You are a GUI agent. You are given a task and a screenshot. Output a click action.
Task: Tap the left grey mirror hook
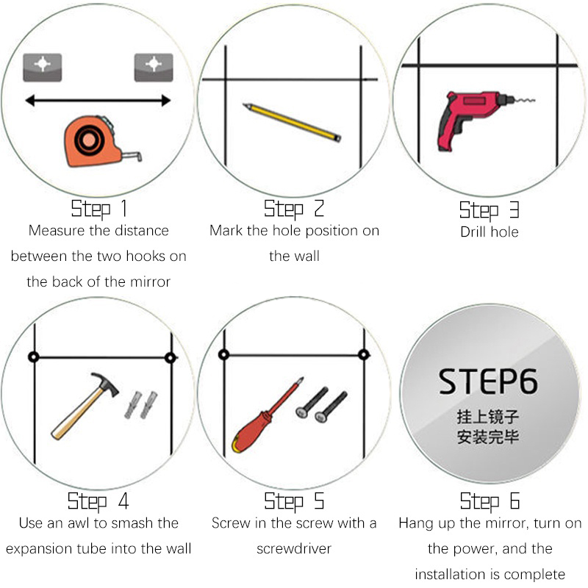coord(43,68)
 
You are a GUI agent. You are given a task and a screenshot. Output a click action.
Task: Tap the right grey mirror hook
coord(154,68)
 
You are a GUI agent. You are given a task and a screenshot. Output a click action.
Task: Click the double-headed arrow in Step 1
coord(98,101)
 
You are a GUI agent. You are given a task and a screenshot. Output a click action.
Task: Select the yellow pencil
coord(292,122)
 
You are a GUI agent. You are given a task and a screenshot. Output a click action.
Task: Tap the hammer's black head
coord(106,383)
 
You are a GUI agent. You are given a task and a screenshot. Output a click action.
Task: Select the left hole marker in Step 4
coord(34,357)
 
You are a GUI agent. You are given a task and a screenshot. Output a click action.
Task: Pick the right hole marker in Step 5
coord(364,354)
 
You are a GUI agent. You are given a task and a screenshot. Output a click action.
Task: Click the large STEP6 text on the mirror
coord(488,381)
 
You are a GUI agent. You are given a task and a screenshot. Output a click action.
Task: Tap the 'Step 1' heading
coord(99,209)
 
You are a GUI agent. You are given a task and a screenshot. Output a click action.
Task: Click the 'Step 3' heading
coord(490,210)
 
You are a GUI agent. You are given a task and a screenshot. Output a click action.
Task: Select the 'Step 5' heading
coord(294,502)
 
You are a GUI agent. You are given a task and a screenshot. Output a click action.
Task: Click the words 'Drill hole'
coord(490,232)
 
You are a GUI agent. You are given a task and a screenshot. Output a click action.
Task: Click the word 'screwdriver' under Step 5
coord(294,548)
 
